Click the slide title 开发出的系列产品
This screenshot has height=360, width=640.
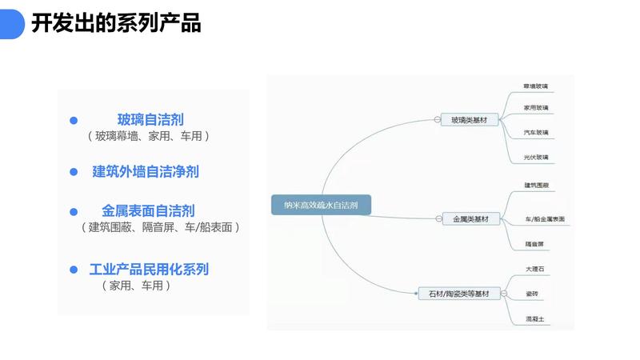tap(116, 23)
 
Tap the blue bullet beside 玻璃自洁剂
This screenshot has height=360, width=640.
tap(74, 120)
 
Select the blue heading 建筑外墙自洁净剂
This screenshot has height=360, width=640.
tap(146, 171)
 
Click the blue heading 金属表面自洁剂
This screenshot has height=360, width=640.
tap(148, 211)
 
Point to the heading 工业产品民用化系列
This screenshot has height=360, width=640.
tap(149, 269)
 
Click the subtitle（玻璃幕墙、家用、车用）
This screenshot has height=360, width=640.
tap(149, 137)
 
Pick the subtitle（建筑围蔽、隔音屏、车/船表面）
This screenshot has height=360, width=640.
tap(160, 227)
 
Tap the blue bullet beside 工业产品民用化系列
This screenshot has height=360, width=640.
tap(74, 270)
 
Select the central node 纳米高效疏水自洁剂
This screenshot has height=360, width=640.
tap(321, 205)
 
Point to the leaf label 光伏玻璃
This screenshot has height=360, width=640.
tap(536, 157)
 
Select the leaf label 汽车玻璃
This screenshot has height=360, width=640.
tap(536, 132)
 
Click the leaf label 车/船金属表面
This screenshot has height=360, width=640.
tap(545, 218)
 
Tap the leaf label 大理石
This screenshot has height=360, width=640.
tap(534, 270)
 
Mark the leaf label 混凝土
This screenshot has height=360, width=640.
tap(534, 318)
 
